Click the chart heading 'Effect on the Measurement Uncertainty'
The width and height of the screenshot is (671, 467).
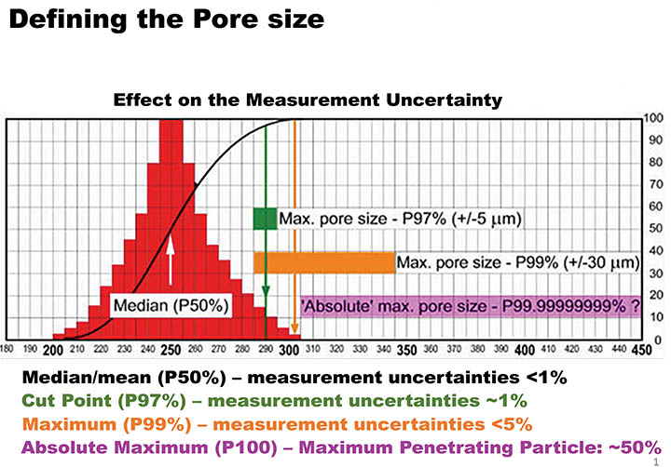point(308,100)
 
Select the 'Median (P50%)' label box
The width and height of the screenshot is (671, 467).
point(171,304)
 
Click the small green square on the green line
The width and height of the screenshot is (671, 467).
point(266,219)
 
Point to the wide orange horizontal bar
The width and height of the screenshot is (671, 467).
point(324,263)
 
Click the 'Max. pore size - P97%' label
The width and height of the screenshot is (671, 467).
point(399,219)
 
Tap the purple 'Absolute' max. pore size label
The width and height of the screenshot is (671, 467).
point(470,305)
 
